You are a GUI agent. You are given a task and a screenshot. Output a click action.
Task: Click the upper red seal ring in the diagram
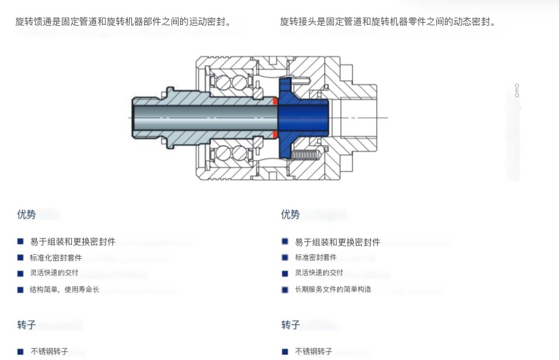click(275, 101)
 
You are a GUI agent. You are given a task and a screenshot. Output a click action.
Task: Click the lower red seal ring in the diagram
click(275, 134)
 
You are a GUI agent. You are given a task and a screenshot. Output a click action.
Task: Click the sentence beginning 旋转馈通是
click(123, 22)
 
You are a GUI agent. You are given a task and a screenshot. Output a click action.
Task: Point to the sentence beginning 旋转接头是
click(388, 22)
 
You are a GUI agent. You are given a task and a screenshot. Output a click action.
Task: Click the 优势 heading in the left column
click(26, 214)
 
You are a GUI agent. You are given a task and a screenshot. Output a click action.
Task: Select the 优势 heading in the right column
click(290, 214)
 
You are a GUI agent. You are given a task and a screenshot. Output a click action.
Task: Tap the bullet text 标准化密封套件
click(56, 258)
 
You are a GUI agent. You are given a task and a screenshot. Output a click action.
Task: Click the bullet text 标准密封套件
click(316, 257)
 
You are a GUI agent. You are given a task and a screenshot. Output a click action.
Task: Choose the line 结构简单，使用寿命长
click(64, 289)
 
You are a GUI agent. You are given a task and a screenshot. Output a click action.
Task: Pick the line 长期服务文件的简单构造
click(333, 289)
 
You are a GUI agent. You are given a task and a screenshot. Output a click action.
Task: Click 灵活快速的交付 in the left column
click(54, 273)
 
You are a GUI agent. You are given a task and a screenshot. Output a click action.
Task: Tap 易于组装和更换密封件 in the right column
click(337, 242)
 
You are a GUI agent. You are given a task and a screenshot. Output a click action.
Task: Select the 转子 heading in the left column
click(26, 325)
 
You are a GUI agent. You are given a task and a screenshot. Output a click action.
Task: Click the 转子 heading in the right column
click(290, 325)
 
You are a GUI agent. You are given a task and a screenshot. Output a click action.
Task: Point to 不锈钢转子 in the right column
click(314, 351)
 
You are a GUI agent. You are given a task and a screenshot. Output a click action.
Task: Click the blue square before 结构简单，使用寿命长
click(20, 290)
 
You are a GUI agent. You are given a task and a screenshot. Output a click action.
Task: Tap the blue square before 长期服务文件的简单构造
click(285, 289)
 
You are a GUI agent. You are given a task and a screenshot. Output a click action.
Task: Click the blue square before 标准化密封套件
click(20, 257)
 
